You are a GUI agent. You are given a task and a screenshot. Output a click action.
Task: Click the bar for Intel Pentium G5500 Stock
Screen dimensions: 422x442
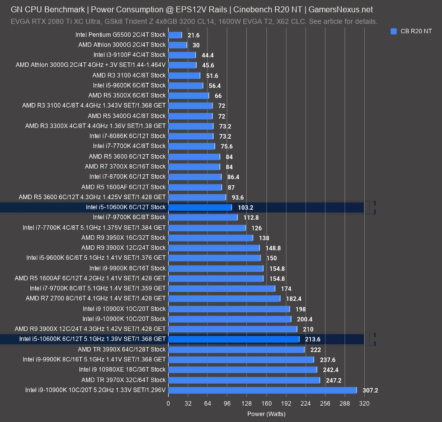pyautogui.click(x=175, y=35)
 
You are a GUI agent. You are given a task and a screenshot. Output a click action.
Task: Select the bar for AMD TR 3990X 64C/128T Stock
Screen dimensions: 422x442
pyautogui.click(x=236, y=349)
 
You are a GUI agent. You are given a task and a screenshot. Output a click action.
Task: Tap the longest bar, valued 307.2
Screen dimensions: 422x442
pyautogui.click(x=262, y=390)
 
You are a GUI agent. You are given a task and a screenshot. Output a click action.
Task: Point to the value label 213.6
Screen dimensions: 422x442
pyautogui.click(x=313, y=339)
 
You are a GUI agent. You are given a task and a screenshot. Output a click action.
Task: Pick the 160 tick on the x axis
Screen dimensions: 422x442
pyautogui.click(x=266, y=404)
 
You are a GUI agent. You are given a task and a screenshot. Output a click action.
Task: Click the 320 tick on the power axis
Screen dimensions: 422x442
pyautogui.click(x=364, y=404)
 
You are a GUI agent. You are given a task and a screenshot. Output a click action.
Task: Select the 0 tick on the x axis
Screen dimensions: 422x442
pyautogui.click(x=168, y=404)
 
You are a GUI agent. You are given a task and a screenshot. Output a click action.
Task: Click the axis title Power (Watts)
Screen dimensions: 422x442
pyautogui.click(x=266, y=413)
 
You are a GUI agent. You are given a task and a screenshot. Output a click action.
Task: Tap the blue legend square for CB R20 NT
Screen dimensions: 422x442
pyautogui.click(x=394, y=31)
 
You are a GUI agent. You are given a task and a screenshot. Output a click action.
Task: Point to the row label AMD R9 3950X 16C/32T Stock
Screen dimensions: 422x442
pyautogui.click(x=123, y=238)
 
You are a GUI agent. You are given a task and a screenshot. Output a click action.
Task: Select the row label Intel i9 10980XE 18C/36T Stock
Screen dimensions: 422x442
pyautogui.click(x=122, y=370)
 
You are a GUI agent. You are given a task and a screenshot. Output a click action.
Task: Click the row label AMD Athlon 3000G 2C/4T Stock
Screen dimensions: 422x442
pyautogui.click(x=122, y=45)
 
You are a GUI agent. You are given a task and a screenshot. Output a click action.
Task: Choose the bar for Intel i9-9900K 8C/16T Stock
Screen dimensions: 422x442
pyautogui.click(x=216, y=268)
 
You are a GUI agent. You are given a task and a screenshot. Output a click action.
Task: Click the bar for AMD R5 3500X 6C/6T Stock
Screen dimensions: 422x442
pyautogui.click(x=188, y=96)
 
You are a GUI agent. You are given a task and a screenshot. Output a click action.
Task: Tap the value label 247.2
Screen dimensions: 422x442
pyautogui.click(x=333, y=380)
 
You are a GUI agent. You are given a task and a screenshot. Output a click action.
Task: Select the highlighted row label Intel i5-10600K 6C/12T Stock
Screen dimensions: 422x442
pyautogui.click(x=126, y=207)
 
